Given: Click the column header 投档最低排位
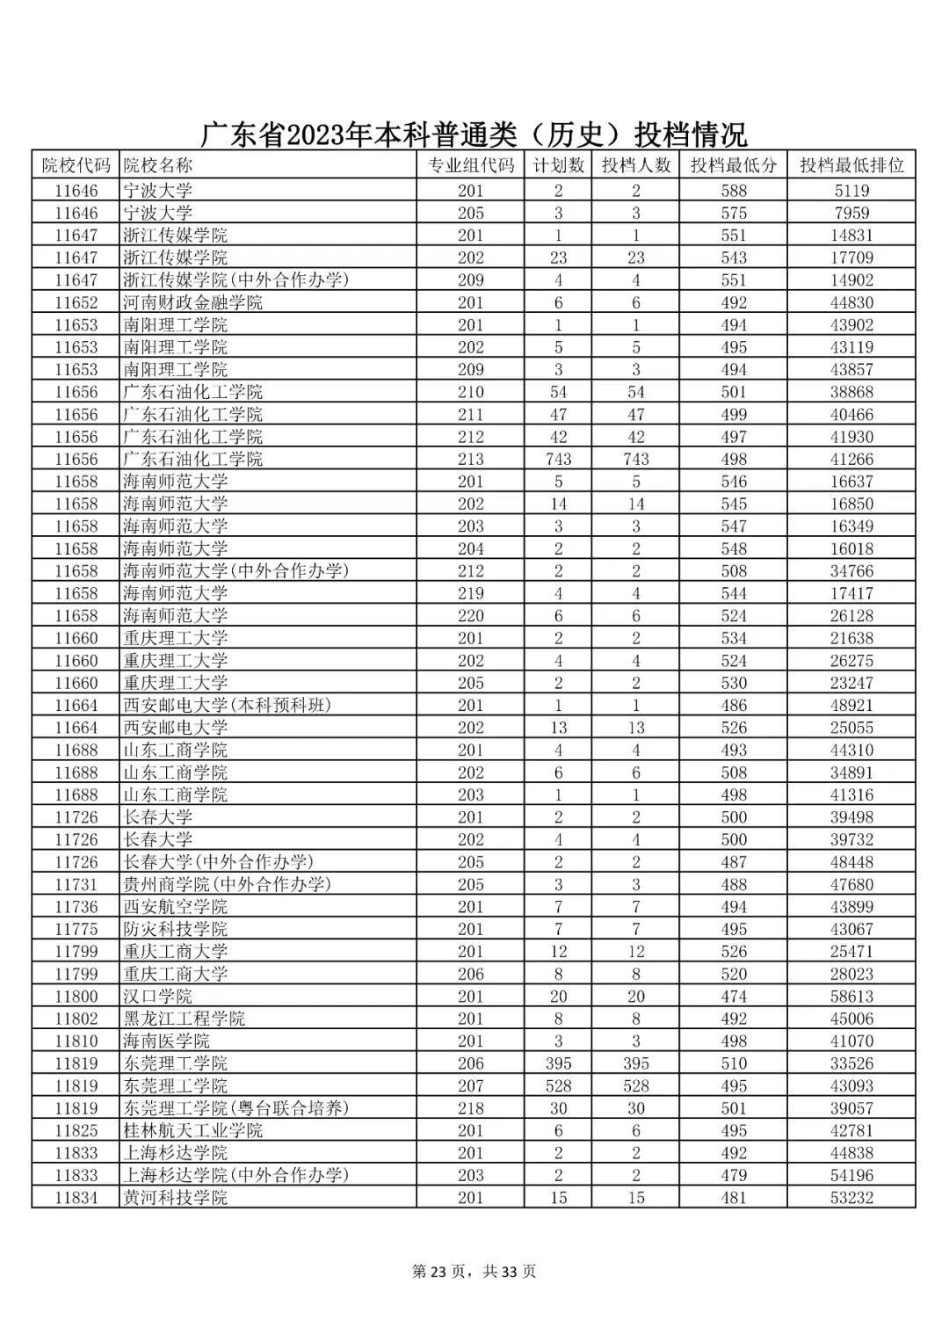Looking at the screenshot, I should point(851,165).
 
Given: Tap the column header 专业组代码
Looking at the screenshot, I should point(470,165).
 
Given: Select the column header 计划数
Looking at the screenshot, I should point(558,165).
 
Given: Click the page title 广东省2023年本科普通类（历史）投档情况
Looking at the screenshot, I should point(474,134).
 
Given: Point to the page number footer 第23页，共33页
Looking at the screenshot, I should point(474,1271).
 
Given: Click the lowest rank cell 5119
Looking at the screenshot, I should point(851,191).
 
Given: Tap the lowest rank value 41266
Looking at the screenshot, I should point(851,459).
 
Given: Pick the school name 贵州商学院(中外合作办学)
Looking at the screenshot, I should point(227,884).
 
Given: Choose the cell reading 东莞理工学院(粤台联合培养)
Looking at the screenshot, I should point(235,1108).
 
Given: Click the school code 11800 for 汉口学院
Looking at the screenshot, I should point(76,996).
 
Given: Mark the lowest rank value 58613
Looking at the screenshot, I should point(851,996).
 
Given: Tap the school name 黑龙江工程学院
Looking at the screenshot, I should point(184,1019).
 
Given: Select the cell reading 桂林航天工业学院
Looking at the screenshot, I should point(192,1130).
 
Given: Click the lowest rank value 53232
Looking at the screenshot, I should point(851,1197).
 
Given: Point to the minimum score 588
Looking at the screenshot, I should point(733,191).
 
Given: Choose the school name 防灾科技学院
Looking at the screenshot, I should point(175,929).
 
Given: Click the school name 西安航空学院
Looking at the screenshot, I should point(175,906).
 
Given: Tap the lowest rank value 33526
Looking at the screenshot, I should point(851,1063).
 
